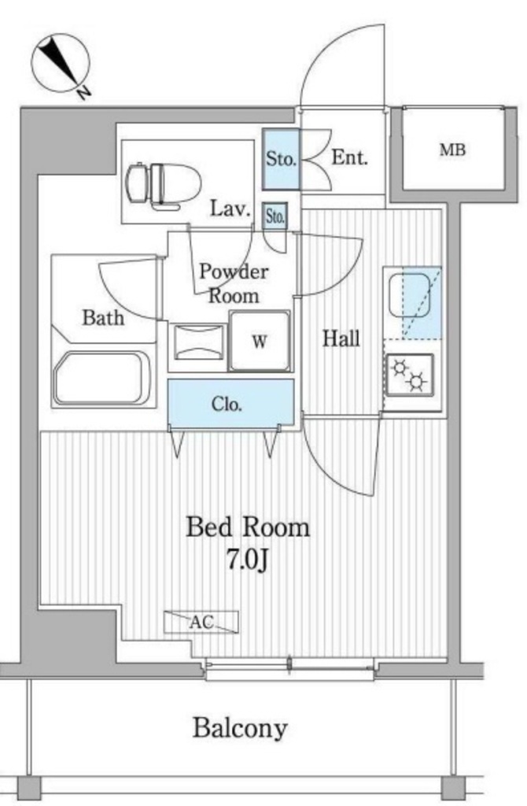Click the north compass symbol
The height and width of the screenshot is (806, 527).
pyautogui.click(x=61, y=65)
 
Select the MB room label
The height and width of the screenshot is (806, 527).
pyautogui.click(x=452, y=150)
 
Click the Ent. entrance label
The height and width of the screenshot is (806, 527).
pyautogui.click(x=350, y=157)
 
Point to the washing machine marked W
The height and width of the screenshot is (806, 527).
pyautogui.click(x=260, y=340)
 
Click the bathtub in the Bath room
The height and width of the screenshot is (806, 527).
pyautogui.click(x=103, y=378)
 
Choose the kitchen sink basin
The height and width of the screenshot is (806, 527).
pyautogui.click(x=409, y=296)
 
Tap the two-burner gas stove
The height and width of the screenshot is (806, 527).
pyautogui.click(x=409, y=375)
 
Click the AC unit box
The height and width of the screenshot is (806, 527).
pyautogui.click(x=201, y=622)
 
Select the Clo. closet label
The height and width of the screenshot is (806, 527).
pyautogui.click(x=227, y=405)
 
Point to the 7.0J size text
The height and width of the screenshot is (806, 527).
pyautogui.click(x=247, y=560)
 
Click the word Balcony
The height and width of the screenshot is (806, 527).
pyautogui.click(x=240, y=728)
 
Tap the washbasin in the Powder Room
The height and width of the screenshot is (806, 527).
pyautogui.click(x=198, y=342)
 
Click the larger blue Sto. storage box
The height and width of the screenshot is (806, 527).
pyautogui.click(x=281, y=159)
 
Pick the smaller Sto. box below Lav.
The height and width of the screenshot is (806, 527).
pyautogui.click(x=275, y=216)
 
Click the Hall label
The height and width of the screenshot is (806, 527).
pyautogui.click(x=341, y=338)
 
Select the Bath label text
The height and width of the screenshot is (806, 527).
pyautogui.click(x=103, y=318)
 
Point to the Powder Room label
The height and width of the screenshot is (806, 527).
pyautogui.click(x=234, y=283)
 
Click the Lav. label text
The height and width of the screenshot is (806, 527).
pyautogui.click(x=230, y=209)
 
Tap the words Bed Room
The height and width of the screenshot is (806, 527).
pyautogui.click(x=248, y=528)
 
